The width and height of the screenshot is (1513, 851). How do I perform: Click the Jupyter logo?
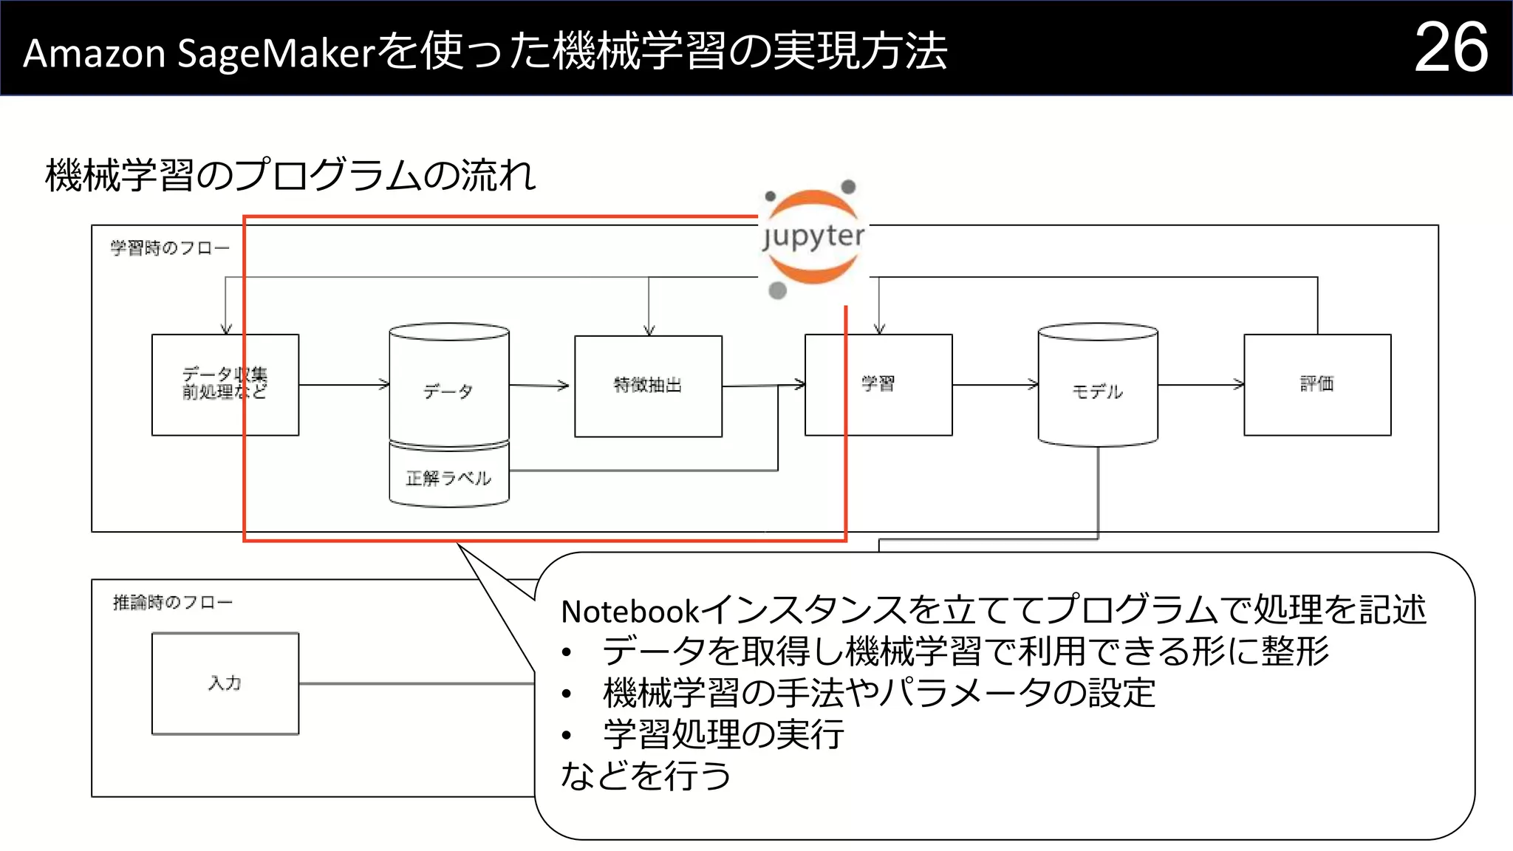813,237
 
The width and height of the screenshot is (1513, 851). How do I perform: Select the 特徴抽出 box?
648,386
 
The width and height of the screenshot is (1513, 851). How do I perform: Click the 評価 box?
1316,384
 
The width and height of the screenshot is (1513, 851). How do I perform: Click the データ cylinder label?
448,391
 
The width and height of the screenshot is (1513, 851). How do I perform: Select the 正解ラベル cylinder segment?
448,477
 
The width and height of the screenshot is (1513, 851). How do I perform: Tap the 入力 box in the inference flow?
225,683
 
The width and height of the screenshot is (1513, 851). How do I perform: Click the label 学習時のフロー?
170,248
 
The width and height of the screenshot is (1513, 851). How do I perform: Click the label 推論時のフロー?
172,603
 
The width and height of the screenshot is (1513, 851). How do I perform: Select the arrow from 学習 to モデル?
994,384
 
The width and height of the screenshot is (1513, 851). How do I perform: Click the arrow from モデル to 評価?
1201,384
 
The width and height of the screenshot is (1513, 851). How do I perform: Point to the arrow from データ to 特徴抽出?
539,385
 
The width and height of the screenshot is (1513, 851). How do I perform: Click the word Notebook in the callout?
629,612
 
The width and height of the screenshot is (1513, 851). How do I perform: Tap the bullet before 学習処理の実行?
566,735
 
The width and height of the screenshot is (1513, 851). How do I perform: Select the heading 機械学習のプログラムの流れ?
290,176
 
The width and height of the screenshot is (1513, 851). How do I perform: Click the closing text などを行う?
646,776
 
